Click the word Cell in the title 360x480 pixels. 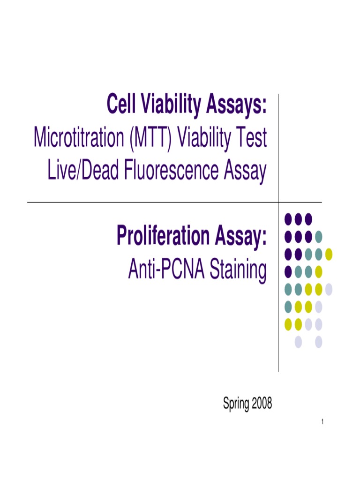[121, 105]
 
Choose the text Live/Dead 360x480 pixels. [84, 172]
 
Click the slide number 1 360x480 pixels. [323, 424]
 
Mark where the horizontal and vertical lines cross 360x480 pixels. [278, 202]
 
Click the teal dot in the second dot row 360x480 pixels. [319, 236]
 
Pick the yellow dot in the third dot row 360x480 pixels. [329, 254]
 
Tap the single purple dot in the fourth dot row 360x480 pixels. [288, 271]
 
